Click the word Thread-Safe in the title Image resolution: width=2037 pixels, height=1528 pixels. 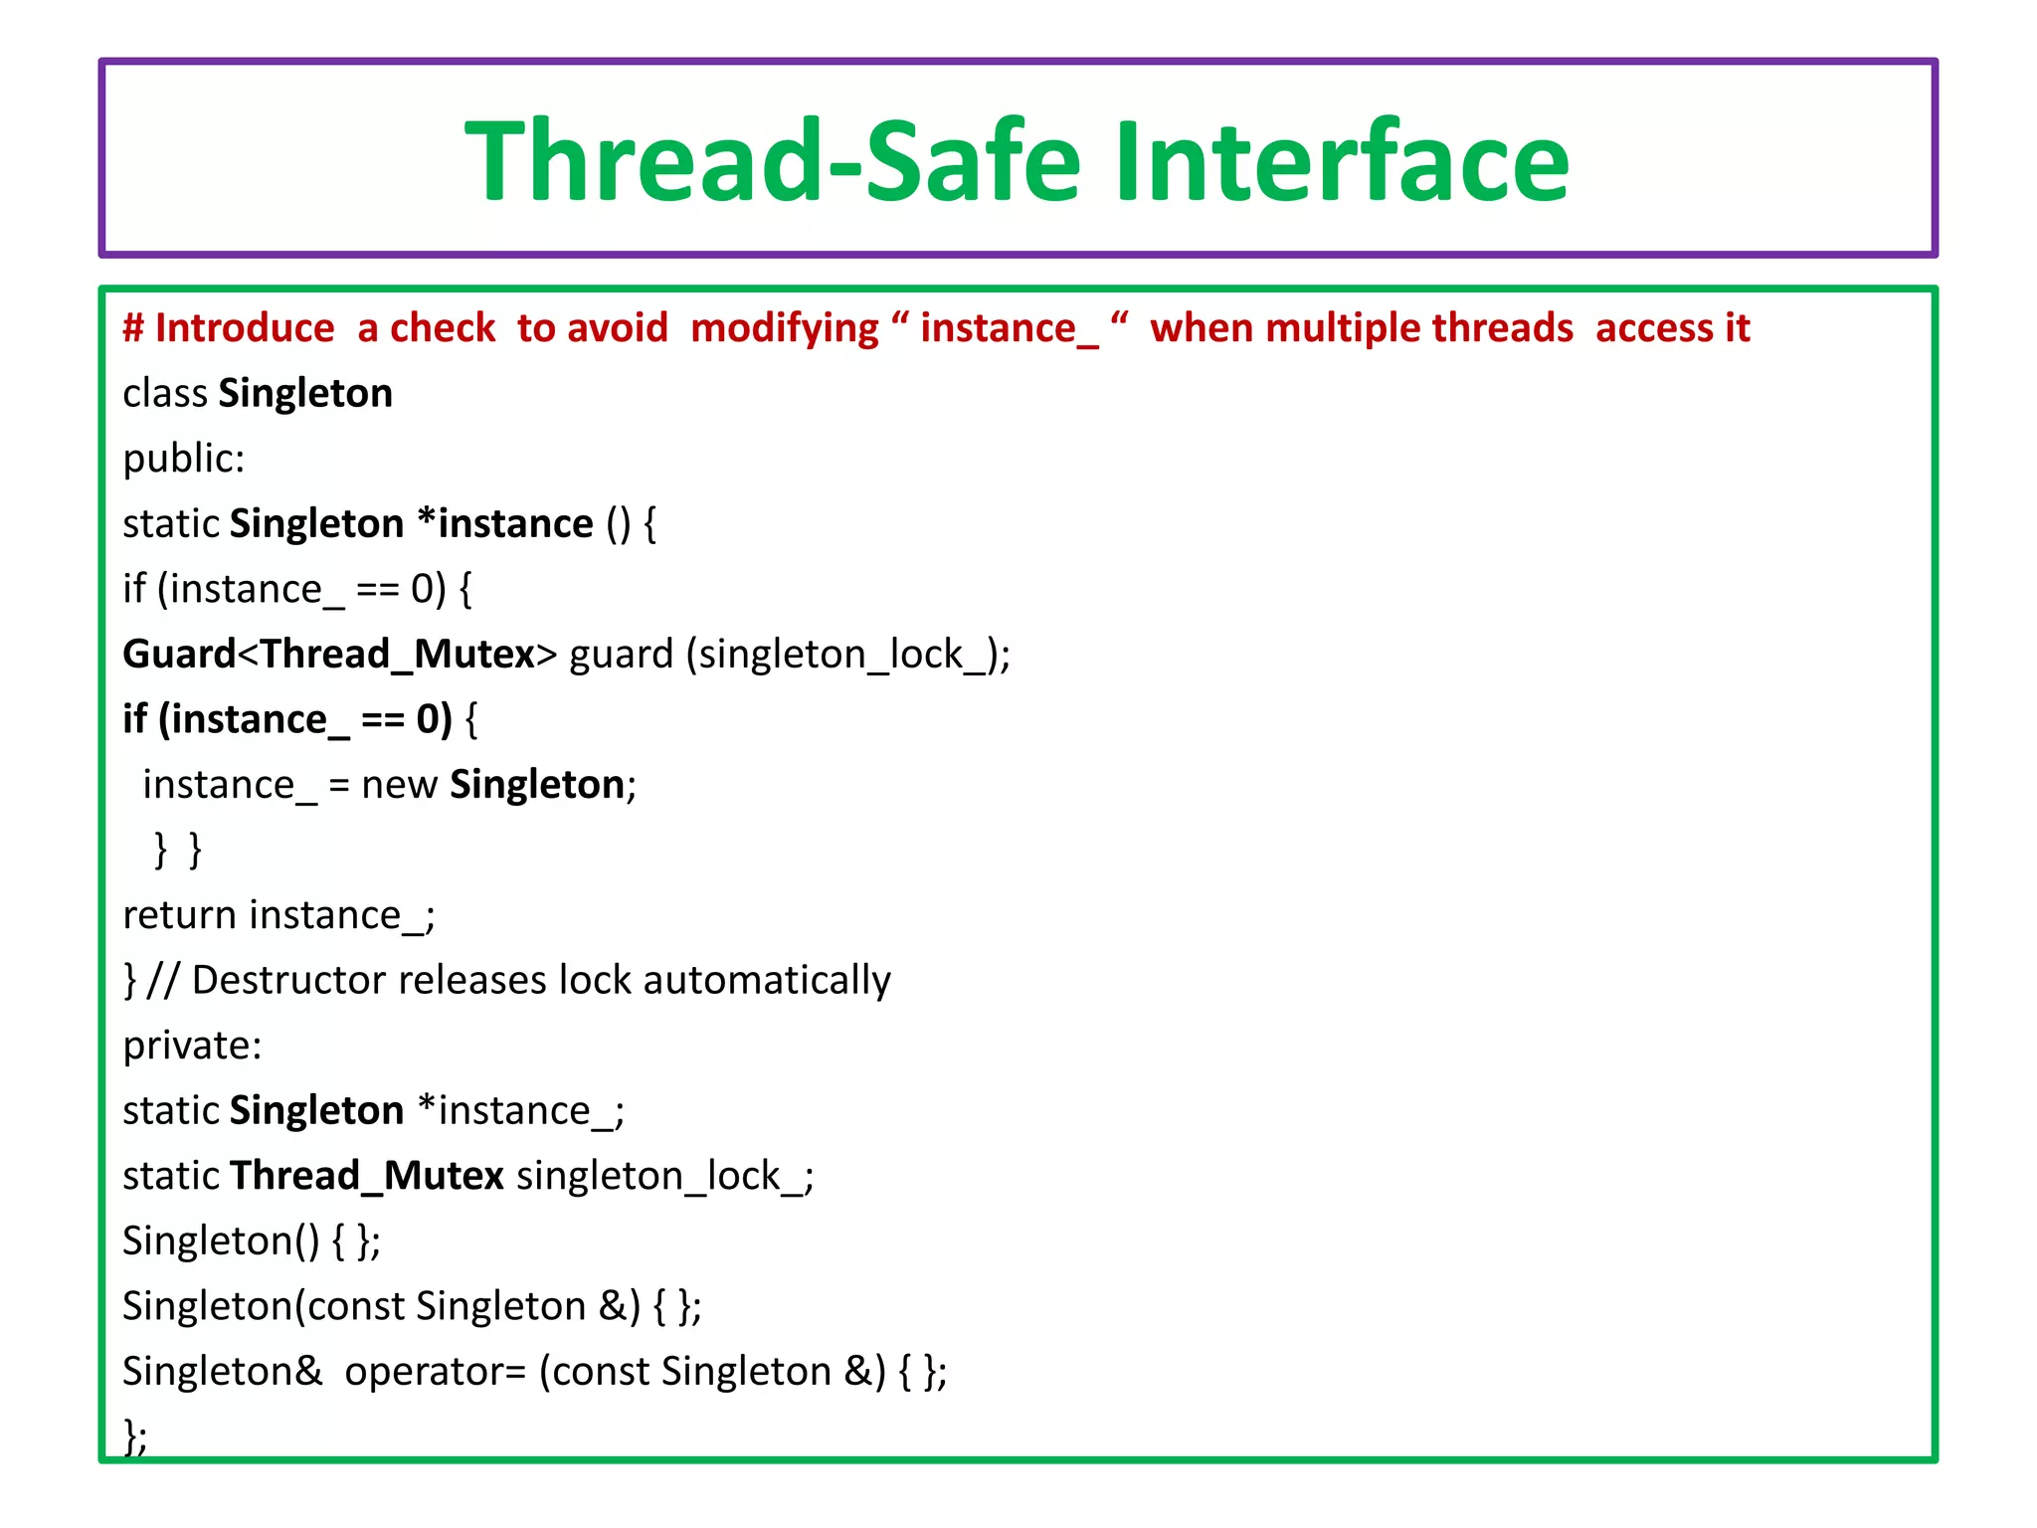[772, 161]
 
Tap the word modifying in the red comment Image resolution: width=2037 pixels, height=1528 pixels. [784, 328]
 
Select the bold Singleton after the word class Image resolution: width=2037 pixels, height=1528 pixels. [305, 394]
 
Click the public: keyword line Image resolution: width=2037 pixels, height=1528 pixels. [183, 460]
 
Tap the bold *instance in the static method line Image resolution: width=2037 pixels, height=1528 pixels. [505, 524]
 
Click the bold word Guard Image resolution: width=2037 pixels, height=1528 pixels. [179, 655]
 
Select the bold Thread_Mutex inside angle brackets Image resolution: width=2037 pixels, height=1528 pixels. [398, 655]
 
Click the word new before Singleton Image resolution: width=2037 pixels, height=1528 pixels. [399, 786]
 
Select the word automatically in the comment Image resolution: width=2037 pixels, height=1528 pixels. [766, 981]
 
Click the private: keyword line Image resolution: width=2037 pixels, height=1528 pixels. [192, 1047]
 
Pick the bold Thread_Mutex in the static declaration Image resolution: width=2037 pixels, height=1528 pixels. [367, 1177]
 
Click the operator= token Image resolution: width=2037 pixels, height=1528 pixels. [435, 1373]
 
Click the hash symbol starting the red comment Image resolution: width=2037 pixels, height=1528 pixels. [133, 328]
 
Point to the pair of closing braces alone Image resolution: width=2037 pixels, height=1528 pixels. [178, 851]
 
